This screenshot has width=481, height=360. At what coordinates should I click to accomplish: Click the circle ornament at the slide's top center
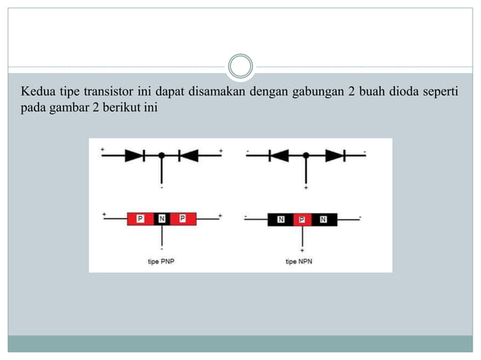click(x=240, y=66)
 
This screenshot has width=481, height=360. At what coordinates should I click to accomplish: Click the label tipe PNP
click(x=161, y=261)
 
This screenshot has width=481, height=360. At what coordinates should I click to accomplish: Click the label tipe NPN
click(x=300, y=261)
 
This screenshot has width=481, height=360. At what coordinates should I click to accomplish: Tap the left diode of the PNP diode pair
click(x=135, y=156)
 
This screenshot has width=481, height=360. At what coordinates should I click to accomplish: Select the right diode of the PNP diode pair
click(x=188, y=156)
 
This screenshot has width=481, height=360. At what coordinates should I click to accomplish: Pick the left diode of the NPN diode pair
click(x=280, y=156)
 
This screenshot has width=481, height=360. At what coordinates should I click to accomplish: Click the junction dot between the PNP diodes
click(x=161, y=156)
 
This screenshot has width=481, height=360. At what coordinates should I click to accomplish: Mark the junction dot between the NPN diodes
click(x=305, y=156)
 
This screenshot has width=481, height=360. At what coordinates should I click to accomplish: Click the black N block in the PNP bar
click(x=161, y=219)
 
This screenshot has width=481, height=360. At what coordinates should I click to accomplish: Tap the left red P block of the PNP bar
click(x=139, y=219)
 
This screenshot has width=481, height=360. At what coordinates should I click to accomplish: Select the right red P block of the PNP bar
click(x=183, y=219)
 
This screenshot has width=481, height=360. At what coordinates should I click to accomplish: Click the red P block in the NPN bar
click(x=302, y=220)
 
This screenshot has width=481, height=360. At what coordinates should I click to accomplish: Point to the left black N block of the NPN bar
click(x=280, y=220)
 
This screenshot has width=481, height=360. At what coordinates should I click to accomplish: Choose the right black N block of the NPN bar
click(x=323, y=220)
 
